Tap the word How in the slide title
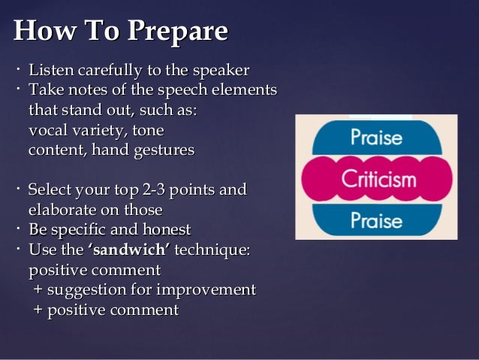[41, 32]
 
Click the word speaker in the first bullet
[221, 71]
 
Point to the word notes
[80, 90]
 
